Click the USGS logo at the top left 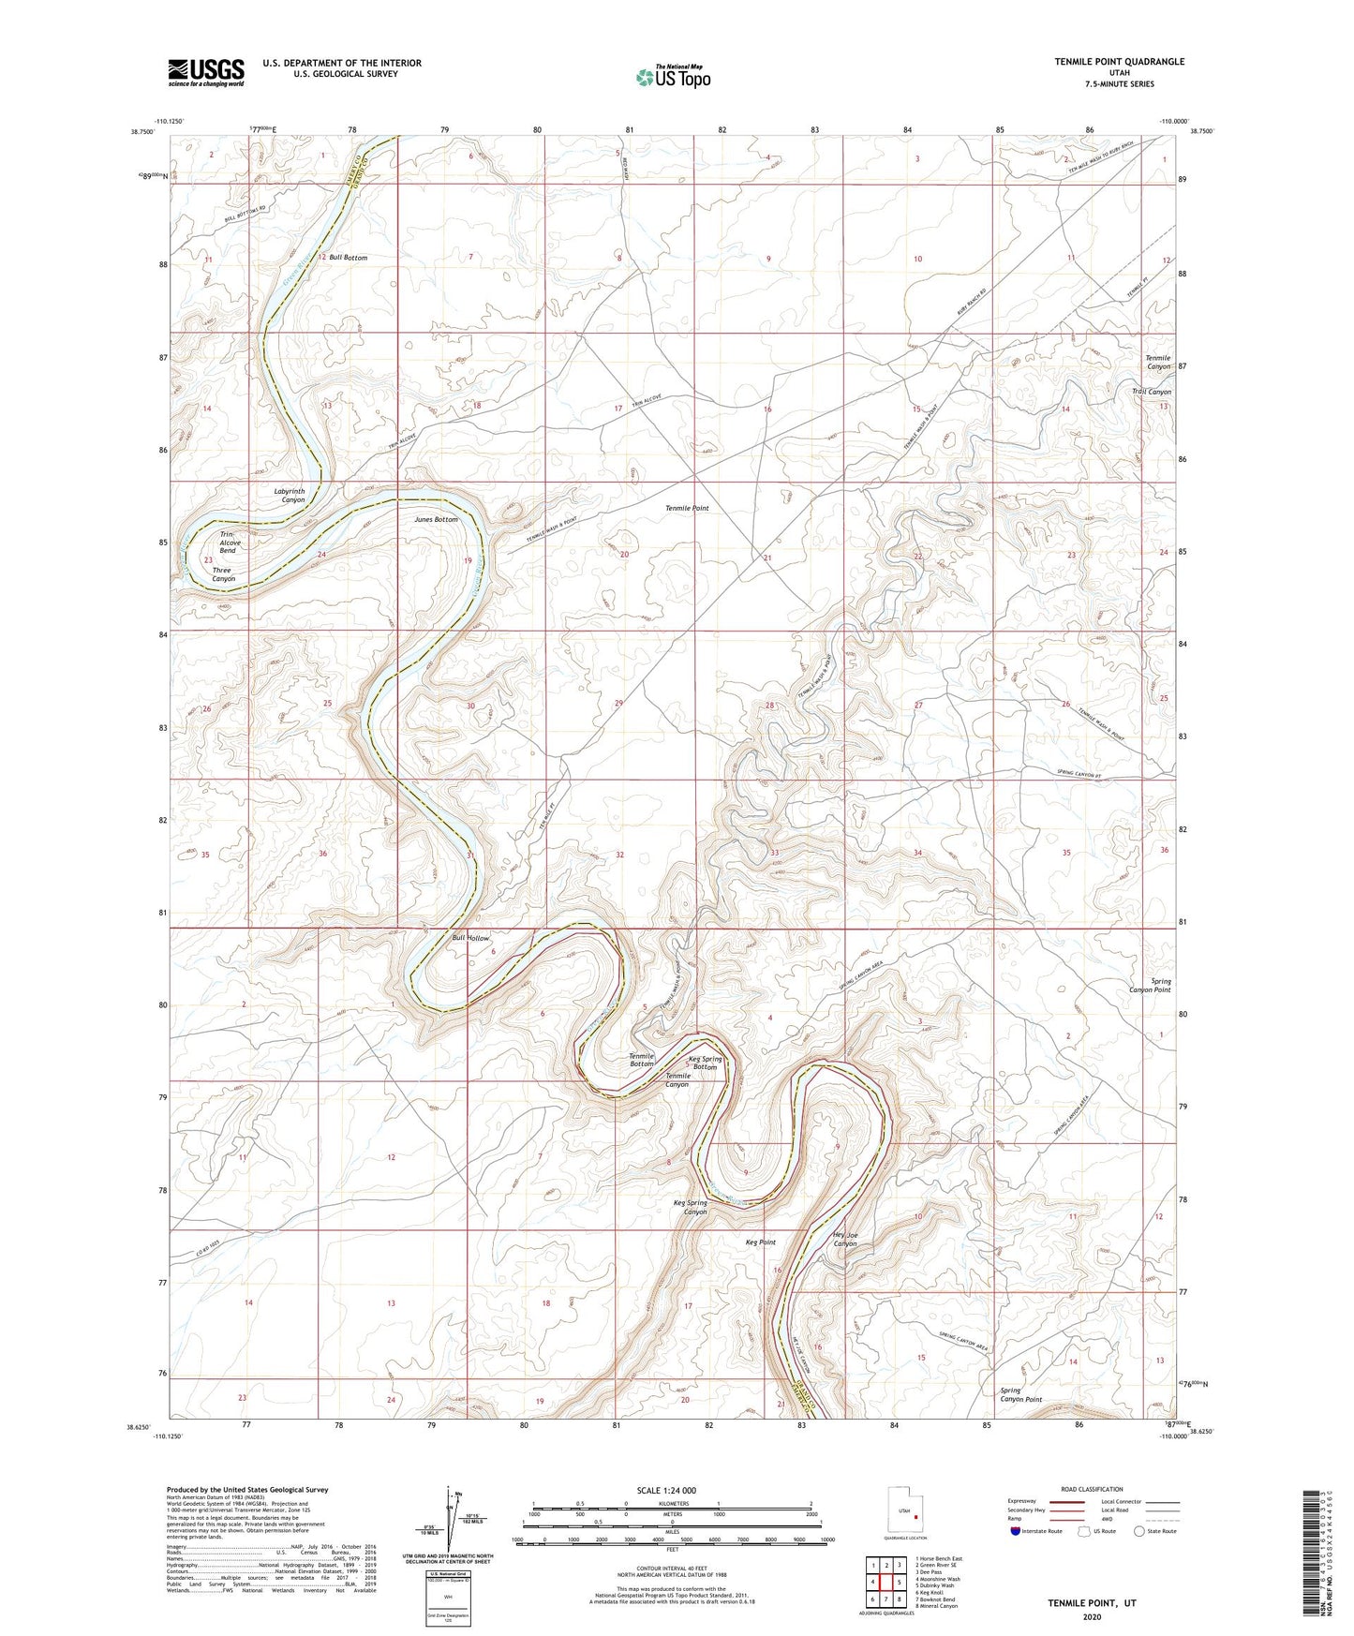(205, 72)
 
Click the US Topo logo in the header (672, 77)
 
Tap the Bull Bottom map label (348, 257)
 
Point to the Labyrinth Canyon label (289, 496)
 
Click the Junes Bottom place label (436, 519)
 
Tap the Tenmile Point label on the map (687, 508)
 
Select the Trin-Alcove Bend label (230, 542)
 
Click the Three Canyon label (223, 574)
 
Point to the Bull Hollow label (470, 938)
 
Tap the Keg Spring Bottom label (705, 1063)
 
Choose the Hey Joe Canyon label (844, 1239)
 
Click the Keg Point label (760, 1242)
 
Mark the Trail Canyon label (1151, 392)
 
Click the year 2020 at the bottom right (1091, 1616)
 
